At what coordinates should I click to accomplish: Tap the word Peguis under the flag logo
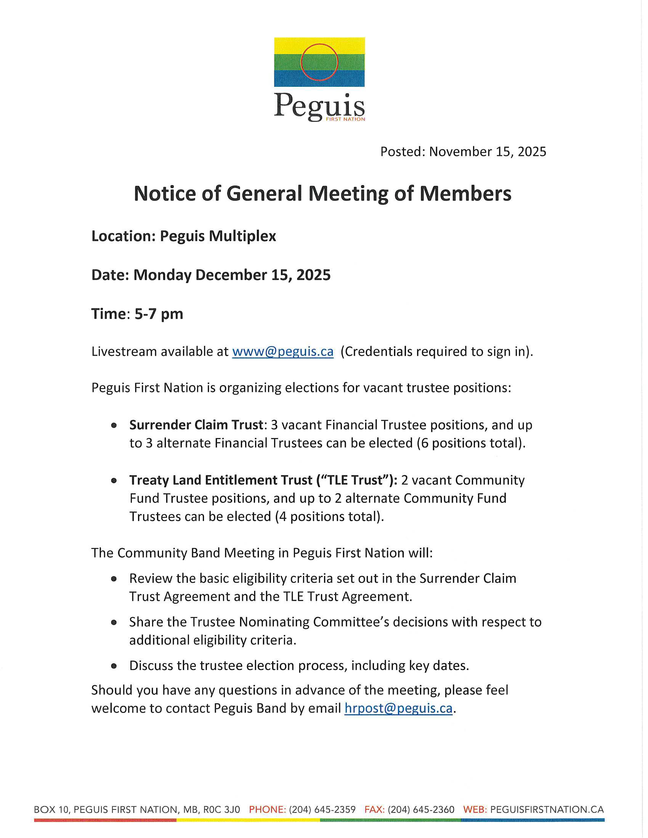click(319, 105)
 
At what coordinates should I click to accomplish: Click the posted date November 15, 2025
click(488, 152)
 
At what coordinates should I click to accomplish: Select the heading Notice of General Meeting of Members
click(322, 193)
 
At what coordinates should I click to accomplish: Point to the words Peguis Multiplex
click(218, 236)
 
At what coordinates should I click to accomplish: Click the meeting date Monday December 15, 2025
click(232, 275)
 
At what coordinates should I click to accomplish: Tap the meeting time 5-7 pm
click(159, 314)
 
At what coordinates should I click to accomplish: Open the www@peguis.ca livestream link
click(283, 352)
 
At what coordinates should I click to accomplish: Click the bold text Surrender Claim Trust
click(196, 425)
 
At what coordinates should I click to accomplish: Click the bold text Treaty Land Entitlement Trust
click(221, 480)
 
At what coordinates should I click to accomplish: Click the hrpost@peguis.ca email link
click(398, 708)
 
